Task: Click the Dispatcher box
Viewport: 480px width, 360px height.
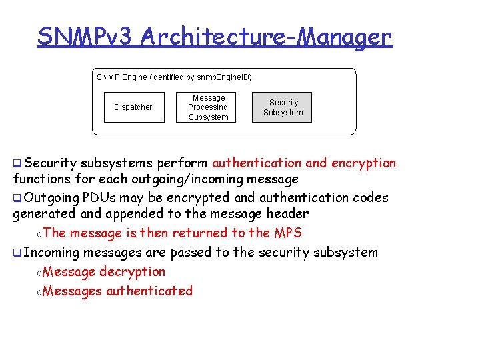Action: (133, 107)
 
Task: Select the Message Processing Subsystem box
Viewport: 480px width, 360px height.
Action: (208, 107)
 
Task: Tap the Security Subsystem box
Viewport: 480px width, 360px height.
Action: (283, 107)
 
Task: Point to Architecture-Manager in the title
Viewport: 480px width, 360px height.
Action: (266, 37)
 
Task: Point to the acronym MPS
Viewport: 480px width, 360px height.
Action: (287, 233)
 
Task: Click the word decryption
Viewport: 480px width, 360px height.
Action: (132, 271)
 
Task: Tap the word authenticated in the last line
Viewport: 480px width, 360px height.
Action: (149, 291)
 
